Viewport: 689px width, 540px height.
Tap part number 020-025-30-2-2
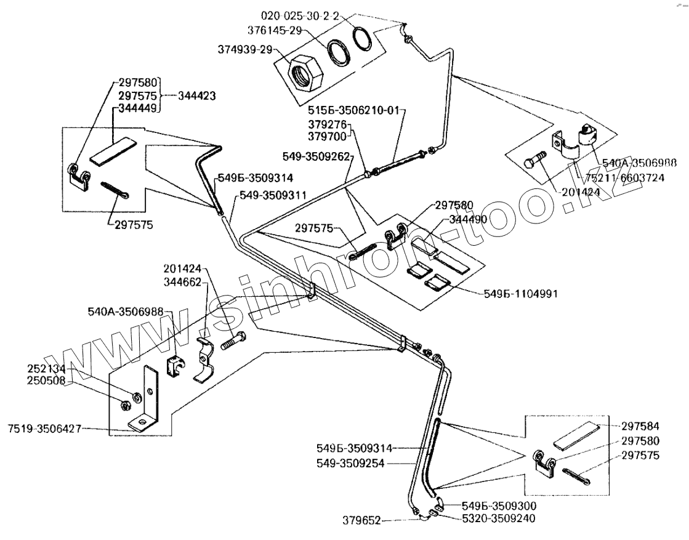pos(300,16)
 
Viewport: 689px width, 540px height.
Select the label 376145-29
pos(275,30)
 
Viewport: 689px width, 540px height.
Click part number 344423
pos(197,95)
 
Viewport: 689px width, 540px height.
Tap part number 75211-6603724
pos(624,177)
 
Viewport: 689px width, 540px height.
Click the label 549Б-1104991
pos(521,294)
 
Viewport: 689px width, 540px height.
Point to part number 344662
pos(182,281)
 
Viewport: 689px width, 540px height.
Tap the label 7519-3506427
pos(45,429)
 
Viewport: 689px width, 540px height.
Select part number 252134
pos(46,369)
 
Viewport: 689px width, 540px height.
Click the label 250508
pos(46,381)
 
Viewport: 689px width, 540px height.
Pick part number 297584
pos(640,426)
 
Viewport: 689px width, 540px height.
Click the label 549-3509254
pos(350,463)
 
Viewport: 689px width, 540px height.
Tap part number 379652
pos(361,521)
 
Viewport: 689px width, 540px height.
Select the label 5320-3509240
pos(499,518)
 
